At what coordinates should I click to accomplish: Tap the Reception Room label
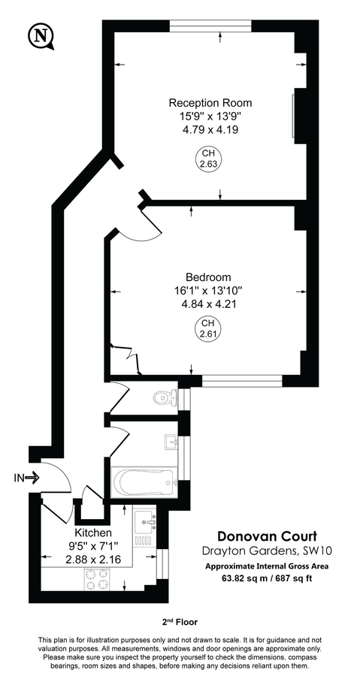point(210,103)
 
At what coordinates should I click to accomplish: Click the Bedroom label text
point(209,276)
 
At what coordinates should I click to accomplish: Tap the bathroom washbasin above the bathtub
point(171,442)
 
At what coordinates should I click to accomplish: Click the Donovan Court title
point(267,536)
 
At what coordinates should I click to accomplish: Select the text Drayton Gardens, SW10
point(267,551)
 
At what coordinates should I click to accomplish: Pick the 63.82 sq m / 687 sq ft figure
point(267,578)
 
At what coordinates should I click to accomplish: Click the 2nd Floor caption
point(180,622)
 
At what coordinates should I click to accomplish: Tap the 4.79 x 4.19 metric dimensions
point(210,129)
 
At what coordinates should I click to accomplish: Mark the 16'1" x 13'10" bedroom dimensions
point(209,291)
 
